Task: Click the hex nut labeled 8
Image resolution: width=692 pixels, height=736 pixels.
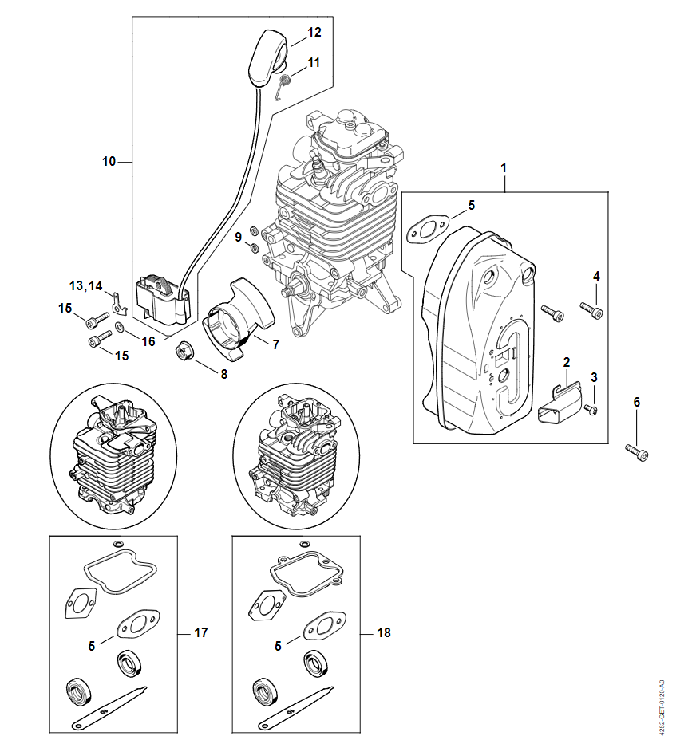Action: pyautogui.click(x=184, y=351)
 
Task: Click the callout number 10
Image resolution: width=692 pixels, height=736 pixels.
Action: pyautogui.click(x=109, y=162)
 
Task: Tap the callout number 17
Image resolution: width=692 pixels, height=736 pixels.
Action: pyautogui.click(x=200, y=632)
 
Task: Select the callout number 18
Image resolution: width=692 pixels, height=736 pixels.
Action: pyautogui.click(x=383, y=632)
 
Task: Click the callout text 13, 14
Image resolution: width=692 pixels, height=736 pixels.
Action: pyautogui.click(x=86, y=285)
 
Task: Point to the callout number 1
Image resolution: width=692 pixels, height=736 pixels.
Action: pyautogui.click(x=504, y=168)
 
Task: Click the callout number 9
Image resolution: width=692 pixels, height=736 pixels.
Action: pyautogui.click(x=238, y=237)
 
